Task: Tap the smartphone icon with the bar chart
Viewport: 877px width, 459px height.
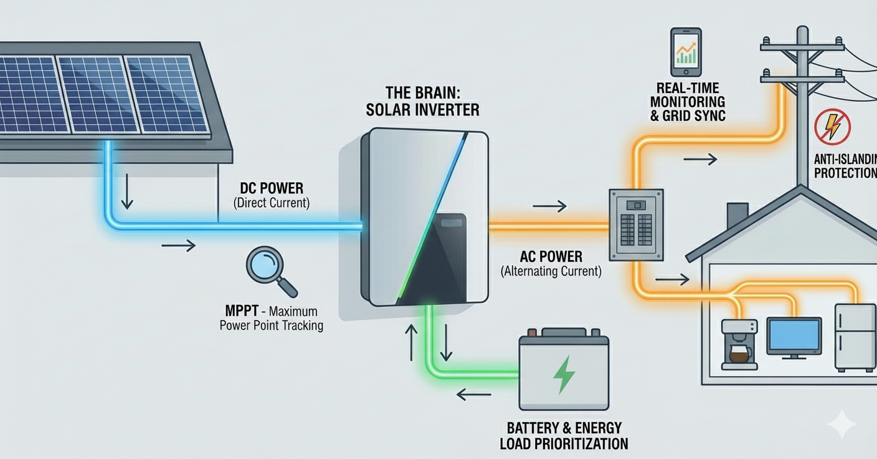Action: tap(686, 51)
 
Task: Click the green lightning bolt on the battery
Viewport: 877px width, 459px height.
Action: tap(564, 374)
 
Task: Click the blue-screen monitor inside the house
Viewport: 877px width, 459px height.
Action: tap(794, 337)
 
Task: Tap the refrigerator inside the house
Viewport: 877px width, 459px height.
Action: tap(855, 337)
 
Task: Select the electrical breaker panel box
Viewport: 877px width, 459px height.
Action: tap(636, 225)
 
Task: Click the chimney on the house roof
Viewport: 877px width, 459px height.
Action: tap(737, 215)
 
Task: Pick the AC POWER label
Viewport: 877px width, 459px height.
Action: tap(551, 256)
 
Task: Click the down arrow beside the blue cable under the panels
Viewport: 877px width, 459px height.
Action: tap(127, 195)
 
